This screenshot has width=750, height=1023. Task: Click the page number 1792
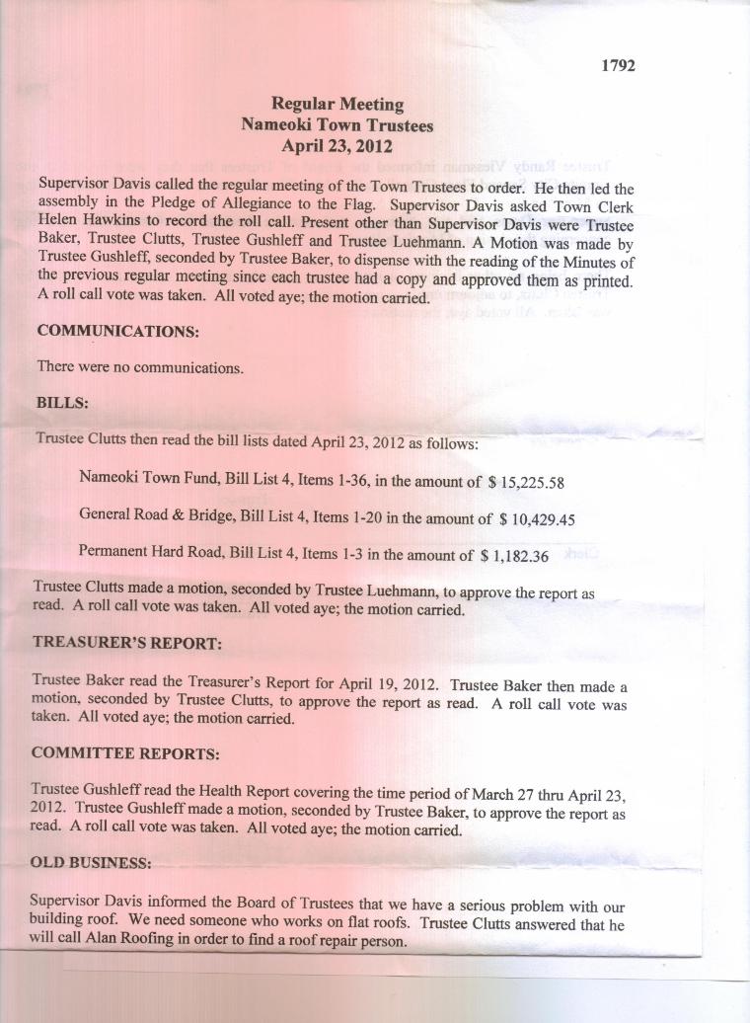point(618,65)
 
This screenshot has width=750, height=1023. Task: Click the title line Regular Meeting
point(337,104)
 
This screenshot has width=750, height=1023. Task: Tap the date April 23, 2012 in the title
point(337,146)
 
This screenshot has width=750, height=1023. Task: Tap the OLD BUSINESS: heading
point(92,862)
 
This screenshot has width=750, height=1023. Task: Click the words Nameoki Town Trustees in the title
point(337,124)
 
